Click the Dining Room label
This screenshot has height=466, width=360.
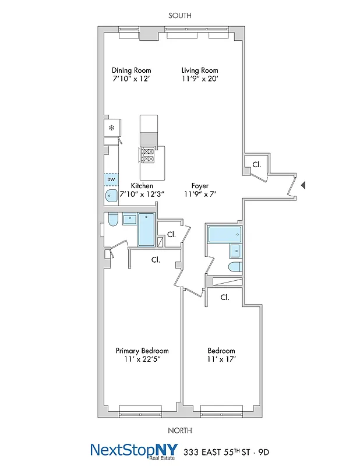(131, 70)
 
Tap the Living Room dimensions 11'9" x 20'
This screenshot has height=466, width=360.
(200, 79)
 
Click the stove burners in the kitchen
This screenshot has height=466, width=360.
(147, 155)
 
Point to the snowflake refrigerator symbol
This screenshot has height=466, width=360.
(111, 127)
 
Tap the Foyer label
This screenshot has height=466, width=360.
(200, 186)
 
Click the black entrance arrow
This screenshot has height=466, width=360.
(303, 185)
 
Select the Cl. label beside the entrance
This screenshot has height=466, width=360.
(256, 165)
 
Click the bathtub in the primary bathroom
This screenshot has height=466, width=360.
(146, 230)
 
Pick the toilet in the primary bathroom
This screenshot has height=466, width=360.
(113, 220)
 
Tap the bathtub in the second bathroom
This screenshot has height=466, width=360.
(224, 235)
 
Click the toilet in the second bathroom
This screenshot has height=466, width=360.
(235, 267)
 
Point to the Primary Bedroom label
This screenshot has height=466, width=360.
(142, 351)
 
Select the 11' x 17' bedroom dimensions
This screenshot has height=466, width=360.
(221, 359)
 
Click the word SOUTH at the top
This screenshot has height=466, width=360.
(179, 16)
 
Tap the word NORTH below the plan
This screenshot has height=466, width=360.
(179, 431)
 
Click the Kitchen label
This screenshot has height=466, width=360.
(142, 186)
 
